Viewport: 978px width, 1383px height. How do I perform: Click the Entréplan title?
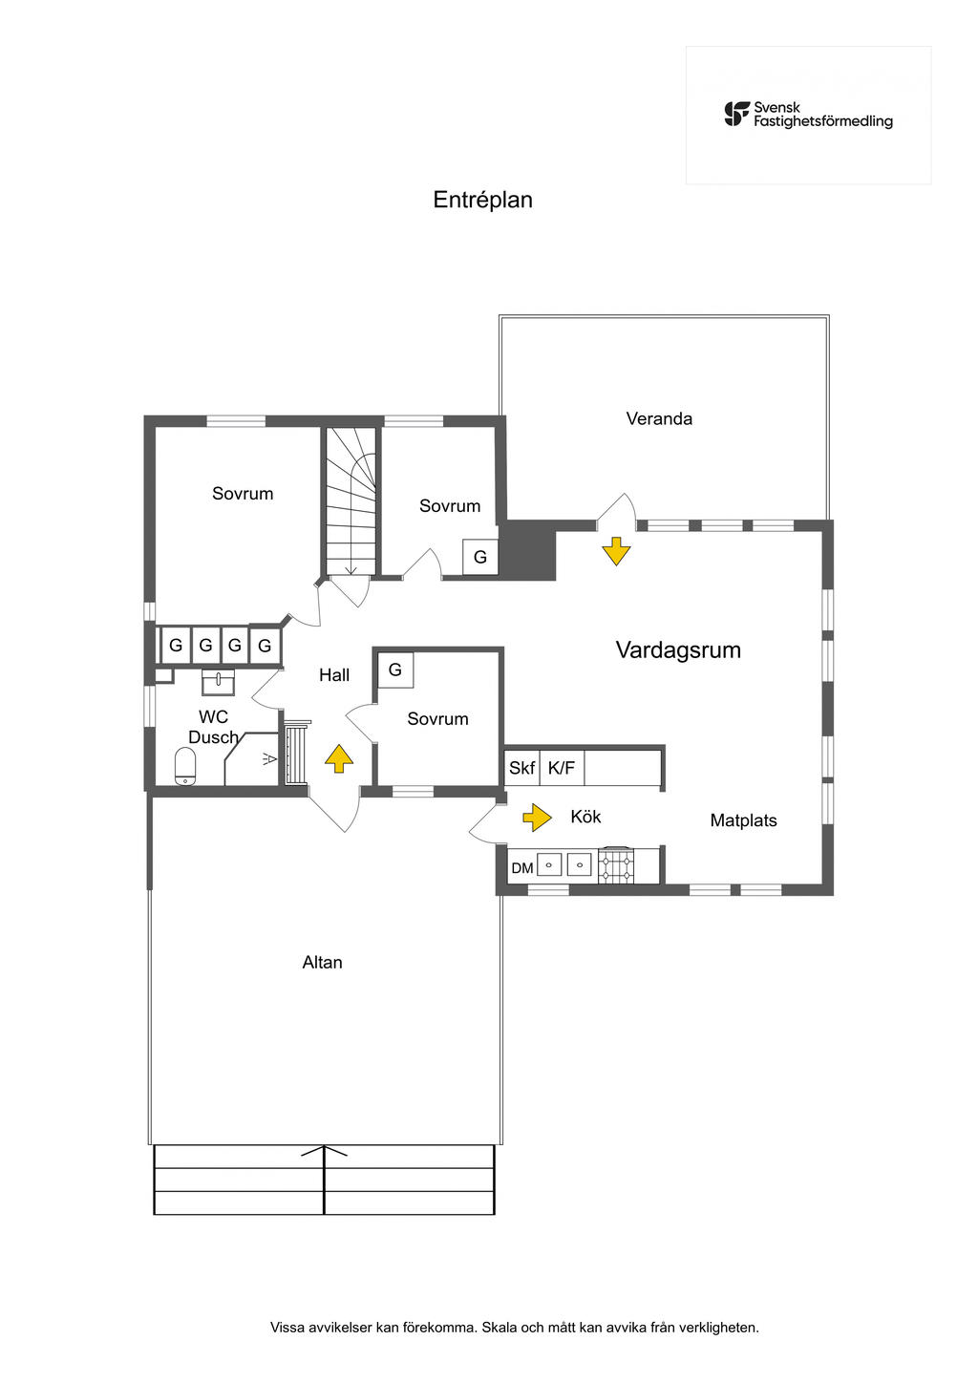click(482, 200)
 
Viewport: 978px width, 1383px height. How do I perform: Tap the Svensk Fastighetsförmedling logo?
click(808, 115)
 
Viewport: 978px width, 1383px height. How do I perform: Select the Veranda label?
click(659, 418)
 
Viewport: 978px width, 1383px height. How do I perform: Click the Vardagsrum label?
click(678, 649)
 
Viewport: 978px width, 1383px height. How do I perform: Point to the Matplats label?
click(743, 819)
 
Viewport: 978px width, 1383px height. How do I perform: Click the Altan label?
click(322, 962)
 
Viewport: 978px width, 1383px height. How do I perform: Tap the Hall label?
click(334, 675)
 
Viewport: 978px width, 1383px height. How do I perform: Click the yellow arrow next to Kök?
click(537, 818)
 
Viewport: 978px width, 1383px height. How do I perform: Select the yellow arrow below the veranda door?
click(616, 551)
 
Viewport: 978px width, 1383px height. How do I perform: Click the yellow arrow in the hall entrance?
click(339, 758)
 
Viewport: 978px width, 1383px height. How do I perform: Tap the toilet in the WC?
click(185, 766)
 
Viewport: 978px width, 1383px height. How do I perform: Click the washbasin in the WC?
click(218, 682)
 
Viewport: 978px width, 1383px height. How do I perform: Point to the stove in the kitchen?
click(616, 864)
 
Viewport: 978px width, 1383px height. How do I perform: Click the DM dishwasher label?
click(522, 868)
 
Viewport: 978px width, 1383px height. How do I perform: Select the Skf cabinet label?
click(521, 768)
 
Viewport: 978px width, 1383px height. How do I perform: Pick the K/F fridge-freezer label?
click(562, 768)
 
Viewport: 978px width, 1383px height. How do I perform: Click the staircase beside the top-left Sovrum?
click(351, 501)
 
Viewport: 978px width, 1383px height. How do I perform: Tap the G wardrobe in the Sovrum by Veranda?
click(480, 557)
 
